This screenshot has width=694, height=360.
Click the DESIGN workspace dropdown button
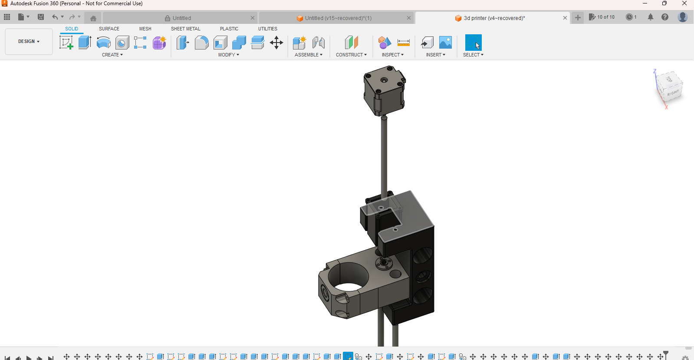click(29, 42)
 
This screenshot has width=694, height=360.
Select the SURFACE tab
click(109, 29)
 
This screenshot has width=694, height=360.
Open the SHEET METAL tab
click(185, 29)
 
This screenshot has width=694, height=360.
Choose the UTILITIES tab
click(267, 29)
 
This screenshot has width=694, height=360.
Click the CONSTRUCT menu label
click(351, 55)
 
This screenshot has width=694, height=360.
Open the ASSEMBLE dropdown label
click(308, 55)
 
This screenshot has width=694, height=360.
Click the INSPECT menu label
click(392, 55)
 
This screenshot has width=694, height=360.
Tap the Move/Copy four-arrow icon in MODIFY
click(276, 43)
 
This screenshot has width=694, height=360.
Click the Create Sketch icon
click(66, 43)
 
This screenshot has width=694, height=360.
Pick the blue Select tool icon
click(473, 43)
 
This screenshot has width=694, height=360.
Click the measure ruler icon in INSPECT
click(403, 43)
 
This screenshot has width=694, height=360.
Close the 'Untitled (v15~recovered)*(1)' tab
click(408, 18)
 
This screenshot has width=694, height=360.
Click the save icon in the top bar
click(41, 17)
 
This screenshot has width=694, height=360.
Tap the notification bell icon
click(650, 17)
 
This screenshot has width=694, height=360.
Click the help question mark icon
click(664, 17)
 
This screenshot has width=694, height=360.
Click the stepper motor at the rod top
click(384, 91)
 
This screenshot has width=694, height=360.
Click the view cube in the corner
click(669, 86)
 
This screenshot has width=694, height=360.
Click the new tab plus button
click(578, 18)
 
